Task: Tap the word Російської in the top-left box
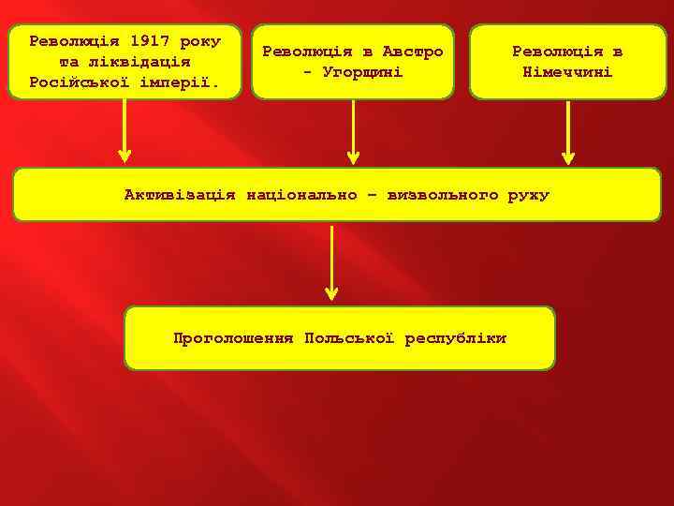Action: click(x=77, y=82)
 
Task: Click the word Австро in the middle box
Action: click(x=413, y=52)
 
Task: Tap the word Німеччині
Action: click(x=567, y=72)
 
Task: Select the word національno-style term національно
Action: click(x=301, y=195)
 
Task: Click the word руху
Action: click(x=529, y=195)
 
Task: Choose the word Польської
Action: click(x=349, y=337)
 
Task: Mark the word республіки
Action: click(x=456, y=337)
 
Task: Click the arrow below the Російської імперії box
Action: click(x=125, y=131)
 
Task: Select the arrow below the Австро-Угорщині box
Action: click(x=353, y=131)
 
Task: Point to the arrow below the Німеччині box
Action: click(x=567, y=131)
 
